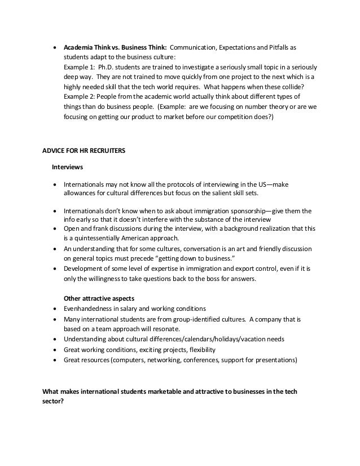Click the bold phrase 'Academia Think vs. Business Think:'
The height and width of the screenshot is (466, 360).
point(115,46)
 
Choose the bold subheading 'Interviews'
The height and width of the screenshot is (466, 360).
point(68,168)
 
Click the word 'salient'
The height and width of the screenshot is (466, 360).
point(226,193)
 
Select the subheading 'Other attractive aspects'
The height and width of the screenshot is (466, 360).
point(97,298)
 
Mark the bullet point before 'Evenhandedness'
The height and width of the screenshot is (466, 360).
point(54,309)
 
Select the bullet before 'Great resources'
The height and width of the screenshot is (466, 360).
point(54,360)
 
